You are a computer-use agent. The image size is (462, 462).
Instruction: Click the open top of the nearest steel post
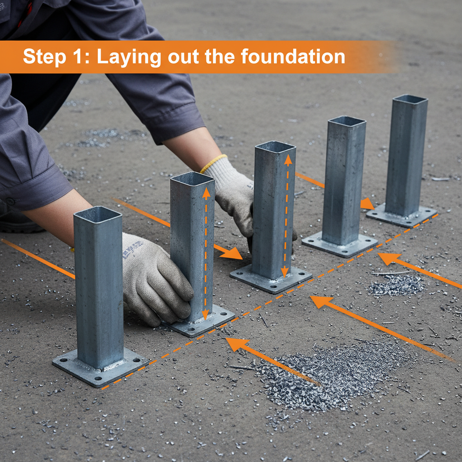coord(98,215)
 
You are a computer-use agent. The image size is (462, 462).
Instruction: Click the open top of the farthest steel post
coord(410,99)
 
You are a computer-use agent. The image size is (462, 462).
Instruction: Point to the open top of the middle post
coord(275,147)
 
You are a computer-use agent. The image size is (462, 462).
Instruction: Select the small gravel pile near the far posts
coord(397,285)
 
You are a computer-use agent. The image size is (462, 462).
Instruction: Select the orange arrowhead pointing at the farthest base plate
coord(367,204)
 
